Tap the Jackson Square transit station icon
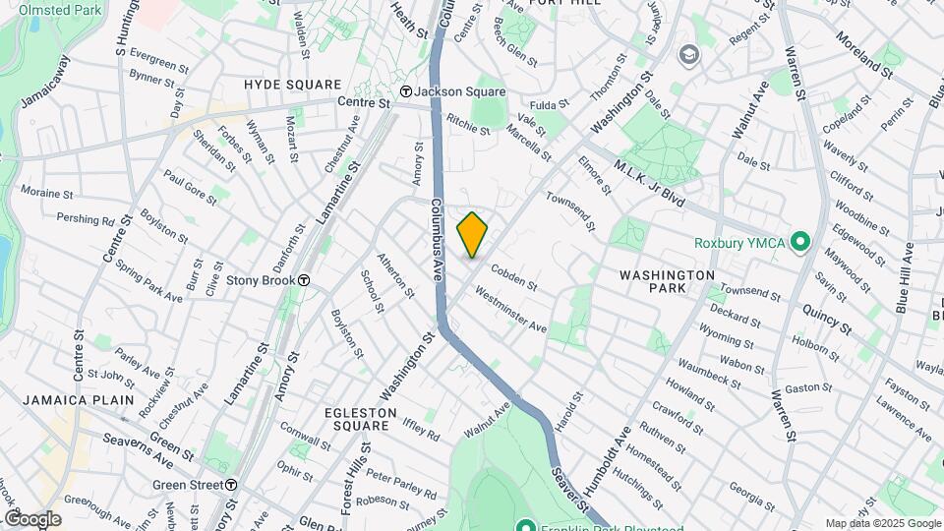pyautogui.click(x=404, y=91)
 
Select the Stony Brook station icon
pyautogui.click(x=305, y=279)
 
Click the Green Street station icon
pyautogui.click(x=230, y=484)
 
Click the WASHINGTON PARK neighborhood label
pyautogui.click(x=668, y=282)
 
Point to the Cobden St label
pyautogui.click(x=513, y=278)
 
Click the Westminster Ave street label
pyautogui.click(x=510, y=310)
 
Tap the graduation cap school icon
pyautogui.click(x=687, y=53)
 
